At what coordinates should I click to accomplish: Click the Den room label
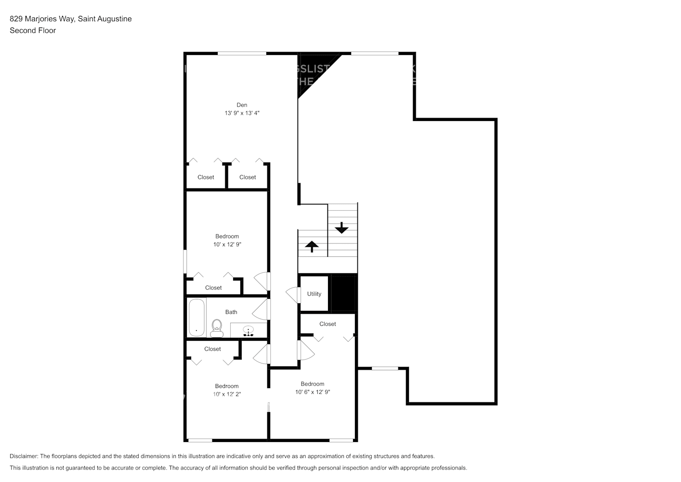click(x=242, y=105)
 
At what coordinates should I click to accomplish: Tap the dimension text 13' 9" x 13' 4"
click(x=242, y=113)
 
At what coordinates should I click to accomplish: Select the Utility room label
click(x=314, y=294)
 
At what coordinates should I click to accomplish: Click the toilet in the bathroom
click(x=217, y=328)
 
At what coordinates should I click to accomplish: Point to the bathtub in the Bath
click(x=196, y=318)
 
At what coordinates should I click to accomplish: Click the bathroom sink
click(x=249, y=331)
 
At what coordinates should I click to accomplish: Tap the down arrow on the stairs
click(x=341, y=228)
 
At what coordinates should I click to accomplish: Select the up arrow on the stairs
click(x=312, y=246)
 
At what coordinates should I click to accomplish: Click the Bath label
click(x=231, y=312)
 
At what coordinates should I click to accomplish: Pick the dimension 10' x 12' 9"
click(x=227, y=244)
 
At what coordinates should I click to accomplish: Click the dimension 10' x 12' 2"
click(x=227, y=394)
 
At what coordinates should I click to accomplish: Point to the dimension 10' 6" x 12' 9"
click(x=313, y=392)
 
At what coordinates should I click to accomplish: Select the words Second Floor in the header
click(x=33, y=30)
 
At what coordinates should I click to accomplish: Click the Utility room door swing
click(x=292, y=295)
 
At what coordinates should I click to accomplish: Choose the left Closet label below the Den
click(x=206, y=177)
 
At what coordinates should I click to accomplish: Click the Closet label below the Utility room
click(x=327, y=324)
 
